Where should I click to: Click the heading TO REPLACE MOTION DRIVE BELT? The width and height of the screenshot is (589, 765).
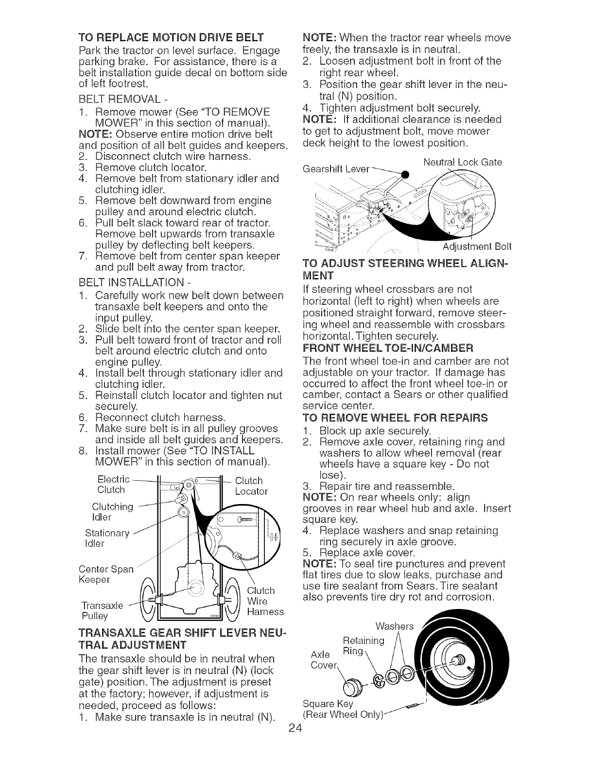click(171, 37)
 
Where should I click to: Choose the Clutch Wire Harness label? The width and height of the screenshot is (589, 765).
click(264, 601)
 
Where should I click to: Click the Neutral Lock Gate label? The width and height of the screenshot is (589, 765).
click(462, 162)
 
